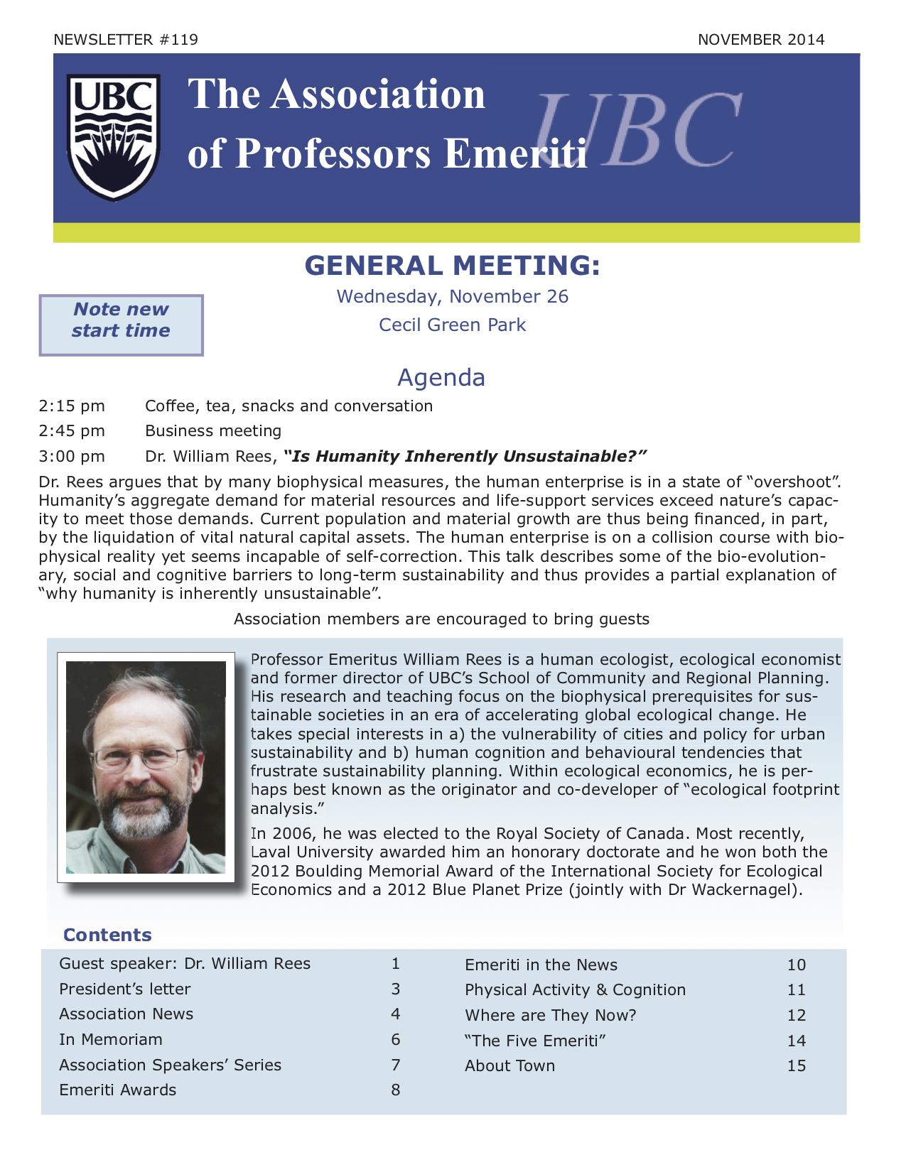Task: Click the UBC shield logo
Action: click(x=114, y=138)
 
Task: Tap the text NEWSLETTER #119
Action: click(x=126, y=40)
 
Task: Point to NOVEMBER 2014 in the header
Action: click(x=761, y=40)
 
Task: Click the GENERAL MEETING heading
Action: click(x=453, y=266)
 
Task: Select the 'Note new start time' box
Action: click(x=121, y=325)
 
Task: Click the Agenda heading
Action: click(x=441, y=377)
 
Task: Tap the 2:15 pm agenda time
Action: click(x=72, y=406)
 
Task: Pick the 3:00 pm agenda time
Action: click(x=72, y=456)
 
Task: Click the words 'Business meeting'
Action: click(x=213, y=431)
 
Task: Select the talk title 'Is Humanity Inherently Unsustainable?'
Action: click(x=465, y=456)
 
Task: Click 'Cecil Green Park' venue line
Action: click(x=452, y=325)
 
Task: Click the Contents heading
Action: click(x=107, y=935)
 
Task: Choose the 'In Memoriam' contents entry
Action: click(x=111, y=1040)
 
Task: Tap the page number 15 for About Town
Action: click(x=797, y=1066)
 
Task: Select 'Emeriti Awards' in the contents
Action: click(x=118, y=1090)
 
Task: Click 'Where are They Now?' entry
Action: click(x=551, y=1016)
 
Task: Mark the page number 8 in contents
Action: click(x=396, y=1090)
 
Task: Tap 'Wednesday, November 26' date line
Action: click(x=453, y=297)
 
